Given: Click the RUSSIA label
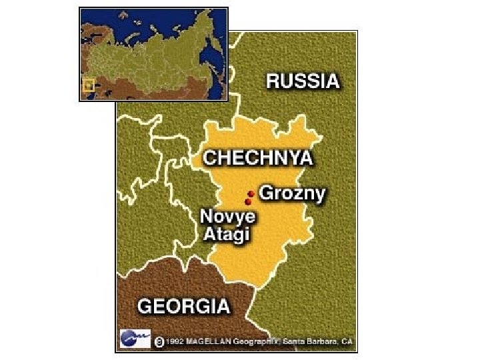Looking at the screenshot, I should tap(303, 81).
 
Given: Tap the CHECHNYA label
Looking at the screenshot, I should tap(257, 158).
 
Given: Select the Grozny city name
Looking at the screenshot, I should tap(292, 194).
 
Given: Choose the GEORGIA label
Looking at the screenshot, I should tap(183, 307).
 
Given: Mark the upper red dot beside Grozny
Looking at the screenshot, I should tap(251, 193).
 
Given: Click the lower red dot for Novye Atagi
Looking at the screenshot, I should tap(248, 201).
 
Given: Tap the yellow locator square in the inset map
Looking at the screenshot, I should tap(87, 85).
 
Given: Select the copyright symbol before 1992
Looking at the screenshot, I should tap(159, 341).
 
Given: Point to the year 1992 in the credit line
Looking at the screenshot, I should tap(175, 341).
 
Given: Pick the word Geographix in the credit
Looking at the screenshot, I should tap(257, 341).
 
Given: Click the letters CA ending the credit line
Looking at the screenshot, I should tap(348, 341).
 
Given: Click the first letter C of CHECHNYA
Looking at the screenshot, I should tap(209, 158).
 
